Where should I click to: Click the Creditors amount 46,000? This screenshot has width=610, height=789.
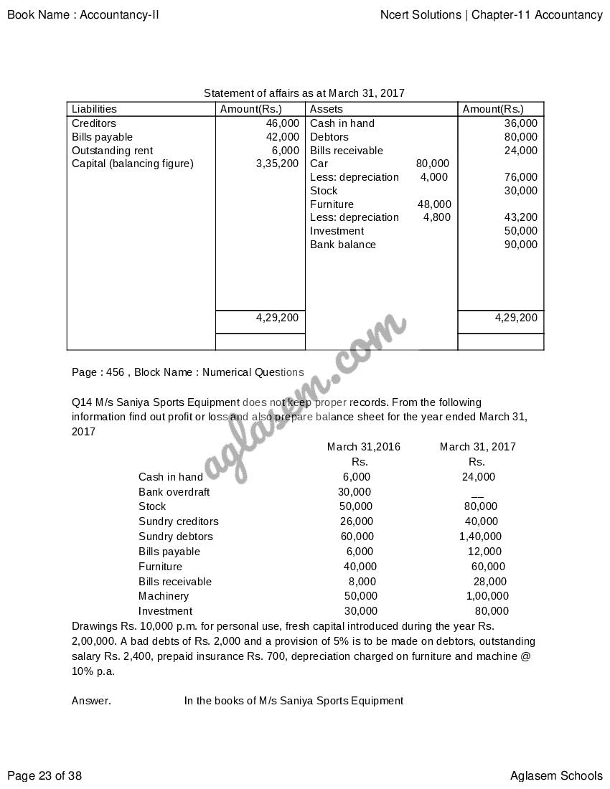pyautogui.click(x=282, y=123)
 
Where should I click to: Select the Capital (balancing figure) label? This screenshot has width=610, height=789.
pyautogui.click(x=133, y=164)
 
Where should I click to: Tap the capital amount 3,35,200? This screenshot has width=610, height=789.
pyautogui.click(x=277, y=164)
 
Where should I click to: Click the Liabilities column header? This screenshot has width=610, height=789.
pyautogui.click(x=94, y=109)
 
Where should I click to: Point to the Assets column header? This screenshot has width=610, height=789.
pyautogui.click(x=326, y=109)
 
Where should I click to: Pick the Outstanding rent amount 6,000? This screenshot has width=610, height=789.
pyautogui.click(x=285, y=151)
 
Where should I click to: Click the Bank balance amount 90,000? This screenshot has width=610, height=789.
pyautogui.click(x=520, y=245)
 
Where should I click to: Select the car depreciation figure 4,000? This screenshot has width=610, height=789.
pyautogui.click(x=434, y=177)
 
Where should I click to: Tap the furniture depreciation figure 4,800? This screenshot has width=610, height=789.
pyautogui.click(x=437, y=217)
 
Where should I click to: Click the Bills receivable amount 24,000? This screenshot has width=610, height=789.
pyautogui.click(x=520, y=151)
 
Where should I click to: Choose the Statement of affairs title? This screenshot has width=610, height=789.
pyautogui.click(x=304, y=93)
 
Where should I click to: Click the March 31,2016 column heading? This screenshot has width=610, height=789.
pyautogui.click(x=364, y=447)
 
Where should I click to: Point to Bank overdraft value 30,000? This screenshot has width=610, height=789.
pyautogui.click(x=355, y=492)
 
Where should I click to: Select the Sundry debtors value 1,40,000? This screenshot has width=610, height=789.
pyautogui.click(x=480, y=537)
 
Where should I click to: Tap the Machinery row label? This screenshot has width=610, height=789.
pyautogui.click(x=164, y=596)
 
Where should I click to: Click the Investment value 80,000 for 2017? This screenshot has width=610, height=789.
pyautogui.click(x=492, y=611)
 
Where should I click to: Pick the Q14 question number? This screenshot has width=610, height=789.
pyautogui.click(x=81, y=402)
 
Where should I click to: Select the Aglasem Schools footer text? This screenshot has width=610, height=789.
pyautogui.click(x=556, y=775)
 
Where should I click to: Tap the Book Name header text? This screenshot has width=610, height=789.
pyautogui.click(x=83, y=14)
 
